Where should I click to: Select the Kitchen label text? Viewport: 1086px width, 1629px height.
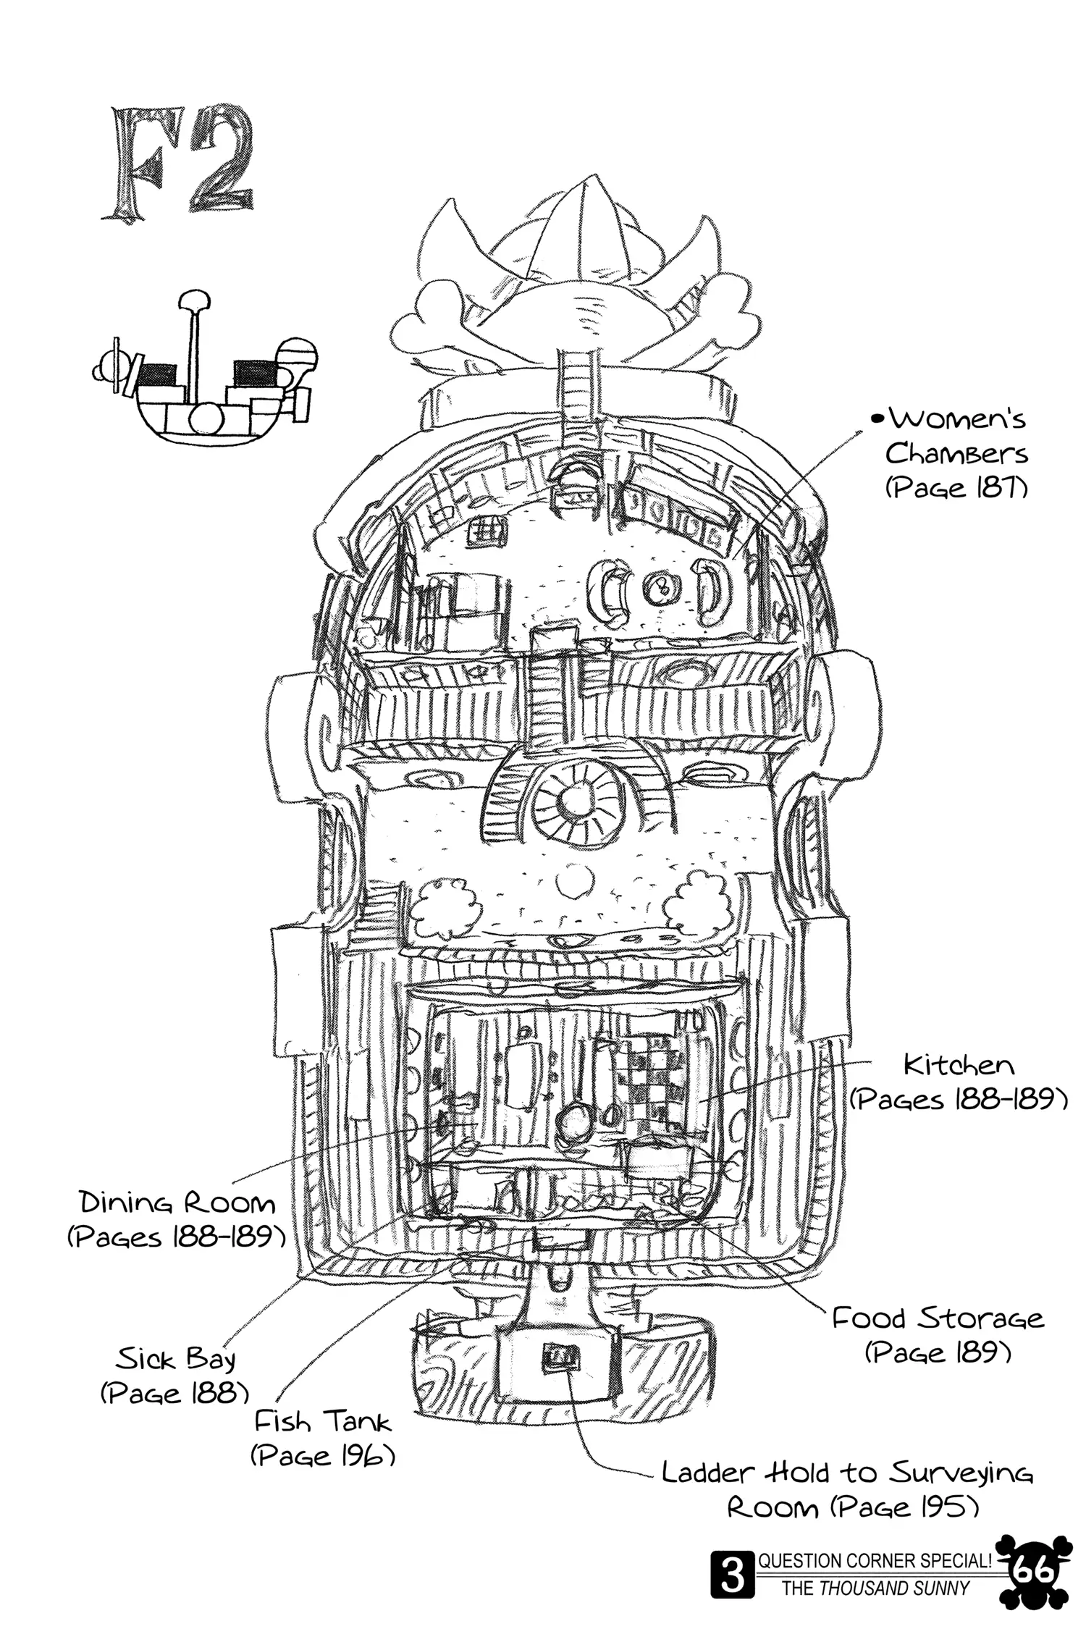(959, 1066)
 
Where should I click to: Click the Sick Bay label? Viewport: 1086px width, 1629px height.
(176, 1360)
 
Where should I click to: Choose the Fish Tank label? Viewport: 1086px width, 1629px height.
(322, 1422)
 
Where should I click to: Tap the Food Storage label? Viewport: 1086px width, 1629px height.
(938, 1318)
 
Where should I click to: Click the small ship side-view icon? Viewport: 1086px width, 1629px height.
(206, 376)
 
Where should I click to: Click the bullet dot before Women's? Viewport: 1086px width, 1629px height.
(878, 418)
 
